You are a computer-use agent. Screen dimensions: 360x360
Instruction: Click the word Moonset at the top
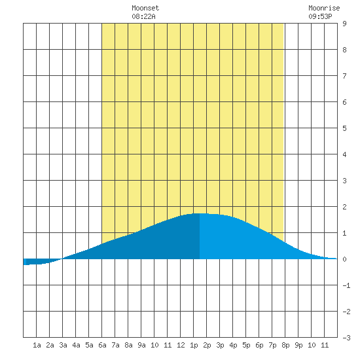coord(145,8)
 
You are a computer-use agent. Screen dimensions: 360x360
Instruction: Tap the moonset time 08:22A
coord(143,16)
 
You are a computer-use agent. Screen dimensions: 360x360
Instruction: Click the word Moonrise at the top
coord(324,8)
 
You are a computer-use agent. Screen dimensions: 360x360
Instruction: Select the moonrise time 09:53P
coord(320,16)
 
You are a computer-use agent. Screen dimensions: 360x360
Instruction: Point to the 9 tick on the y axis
coord(344,24)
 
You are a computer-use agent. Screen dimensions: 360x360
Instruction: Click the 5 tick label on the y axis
coord(344,128)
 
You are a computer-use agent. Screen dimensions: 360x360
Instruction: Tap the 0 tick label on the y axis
coord(344,259)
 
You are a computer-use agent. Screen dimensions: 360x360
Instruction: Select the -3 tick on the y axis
coord(346,338)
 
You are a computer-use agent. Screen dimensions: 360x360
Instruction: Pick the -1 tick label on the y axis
coord(346,285)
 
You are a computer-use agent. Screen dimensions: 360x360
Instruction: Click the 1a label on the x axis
coord(37,345)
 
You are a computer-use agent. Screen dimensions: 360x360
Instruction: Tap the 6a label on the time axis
coord(102,345)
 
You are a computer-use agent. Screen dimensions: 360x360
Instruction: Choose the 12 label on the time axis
coord(181,345)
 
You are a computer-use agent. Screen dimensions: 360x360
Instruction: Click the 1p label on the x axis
coord(194,346)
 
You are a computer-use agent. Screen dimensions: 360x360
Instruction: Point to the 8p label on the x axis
coord(285,346)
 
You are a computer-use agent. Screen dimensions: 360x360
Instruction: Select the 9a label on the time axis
coord(141,345)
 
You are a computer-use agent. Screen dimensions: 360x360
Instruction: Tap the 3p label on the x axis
coord(220,346)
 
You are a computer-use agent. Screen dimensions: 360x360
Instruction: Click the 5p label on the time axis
coord(246,346)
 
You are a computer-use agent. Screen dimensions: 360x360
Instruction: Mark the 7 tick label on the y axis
coord(344,76)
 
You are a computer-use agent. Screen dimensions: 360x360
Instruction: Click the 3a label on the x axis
coord(63,345)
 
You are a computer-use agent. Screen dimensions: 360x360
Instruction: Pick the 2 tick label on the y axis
coord(344,207)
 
